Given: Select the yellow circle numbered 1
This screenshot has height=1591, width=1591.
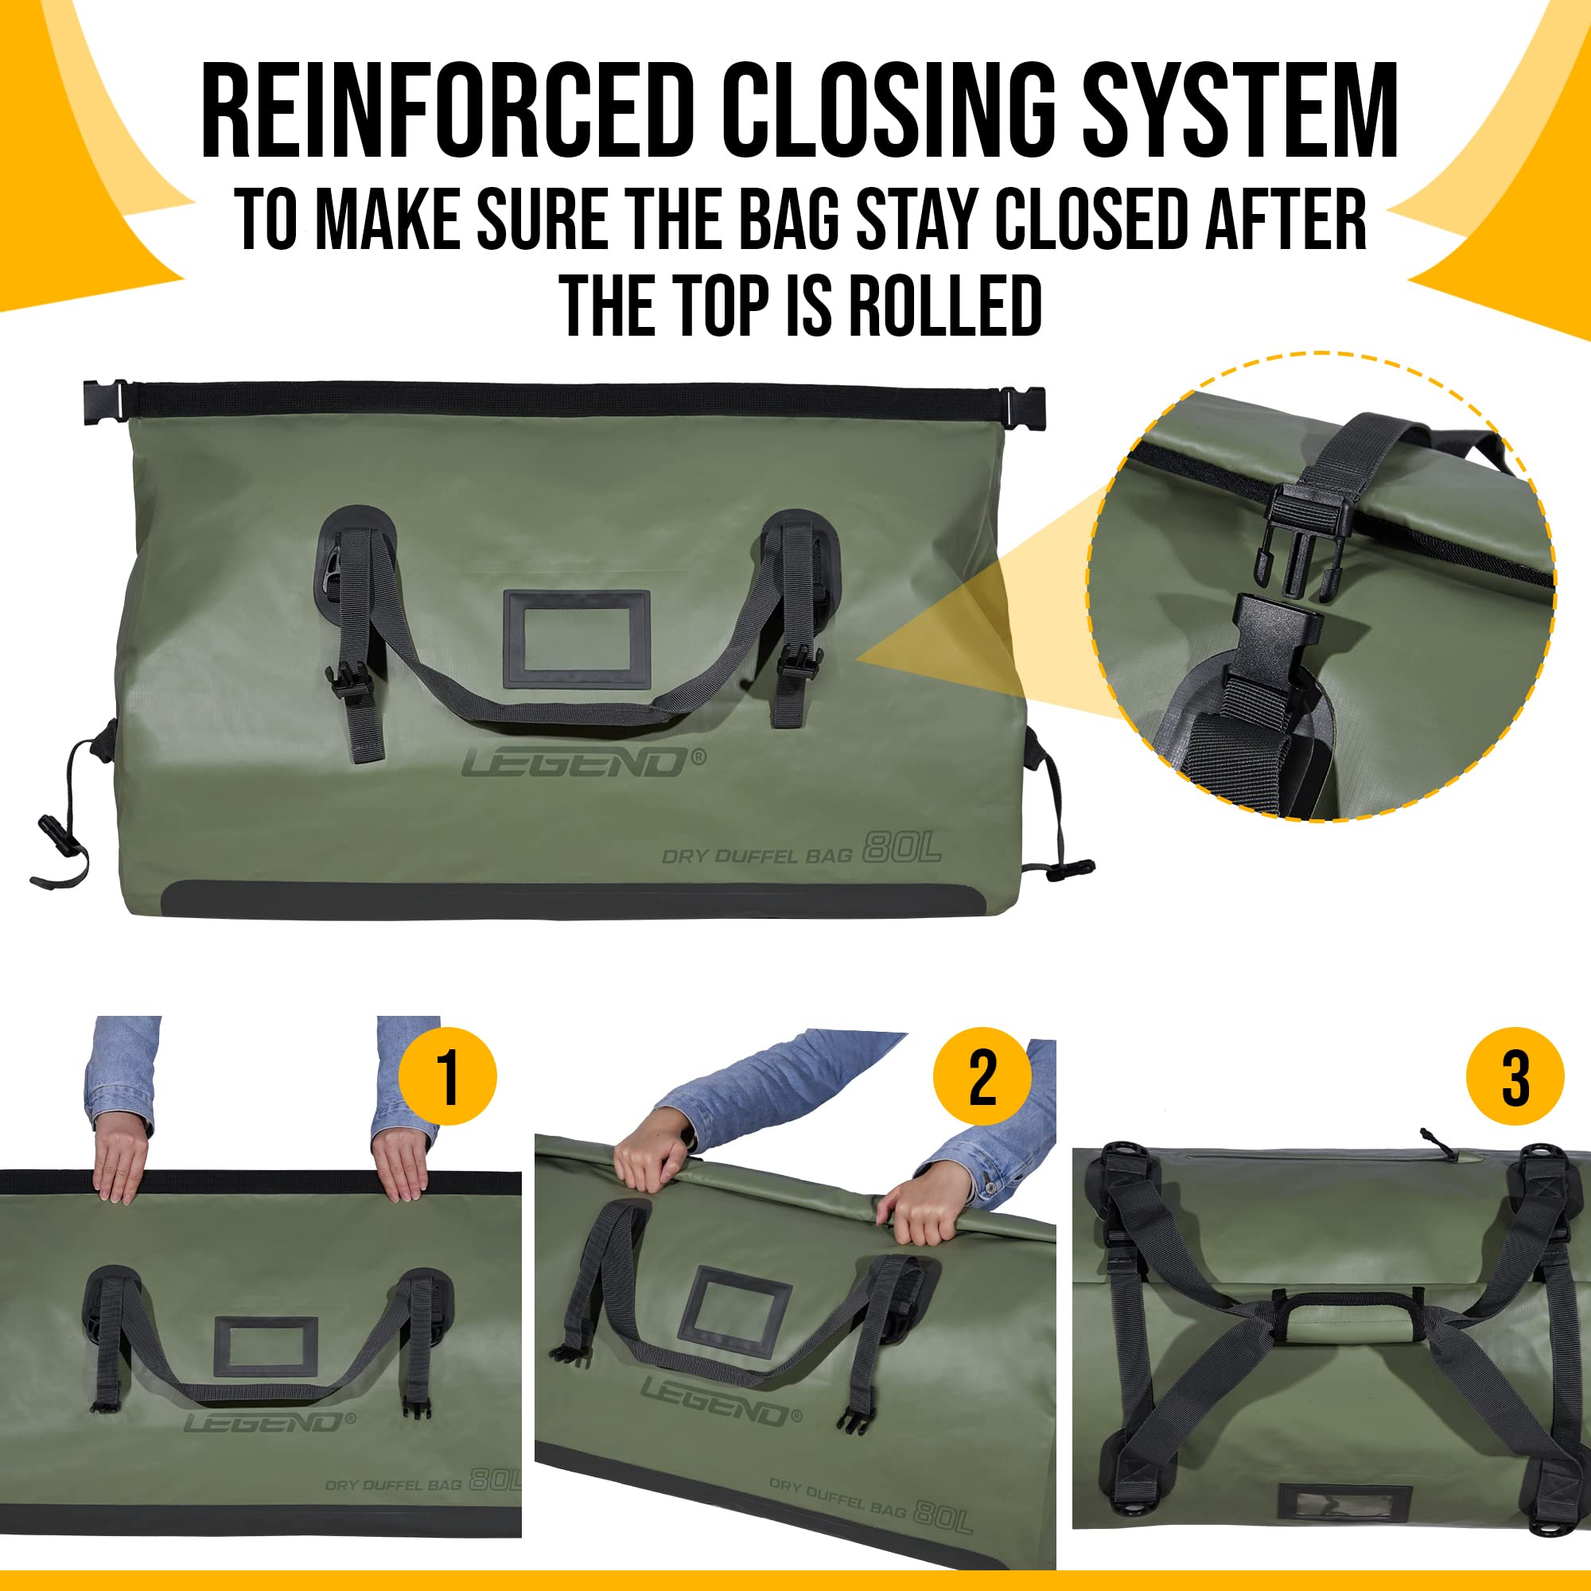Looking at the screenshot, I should [x=447, y=1076].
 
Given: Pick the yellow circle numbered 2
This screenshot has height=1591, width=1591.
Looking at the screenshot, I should [x=982, y=1076].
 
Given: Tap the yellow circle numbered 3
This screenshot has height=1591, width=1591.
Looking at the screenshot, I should [x=1515, y=1076].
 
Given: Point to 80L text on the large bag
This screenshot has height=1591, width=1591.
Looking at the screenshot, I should [x=901, y=847].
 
